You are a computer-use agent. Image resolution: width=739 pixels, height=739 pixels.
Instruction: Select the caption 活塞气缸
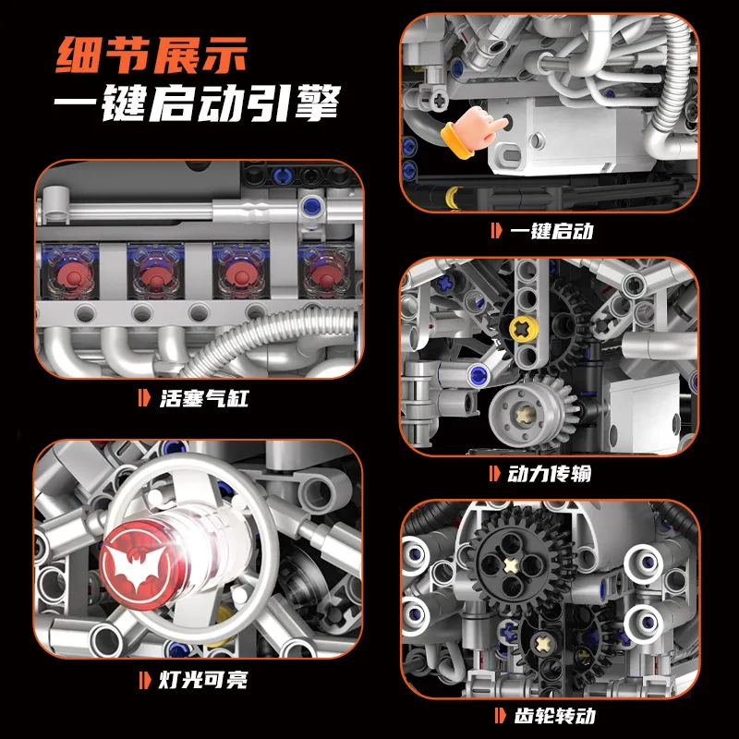(x=202, y=399)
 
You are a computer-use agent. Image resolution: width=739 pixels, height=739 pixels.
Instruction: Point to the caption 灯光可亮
(x=202, y=683)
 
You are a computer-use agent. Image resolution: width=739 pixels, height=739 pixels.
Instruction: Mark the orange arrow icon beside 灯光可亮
(x=143, y=683)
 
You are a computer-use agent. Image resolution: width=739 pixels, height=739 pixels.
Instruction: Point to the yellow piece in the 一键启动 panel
(x=454, y=195)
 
